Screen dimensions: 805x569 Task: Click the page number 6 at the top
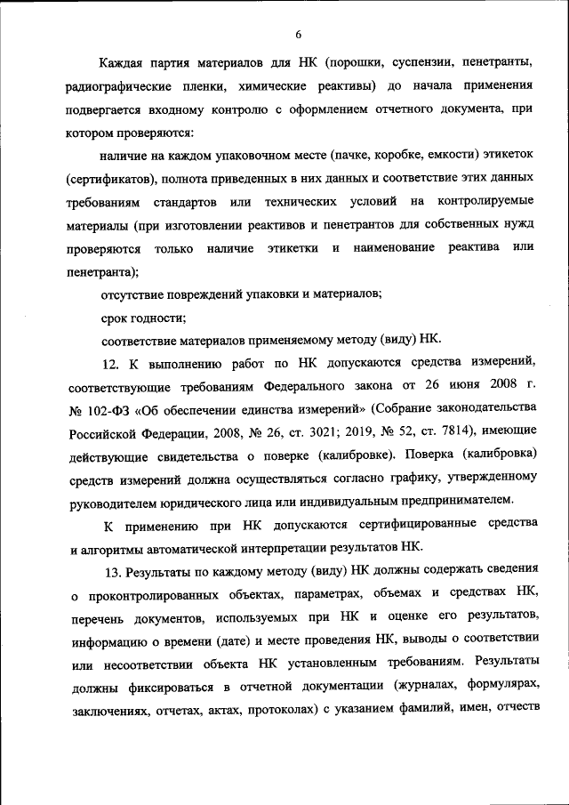pos(299,35)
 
